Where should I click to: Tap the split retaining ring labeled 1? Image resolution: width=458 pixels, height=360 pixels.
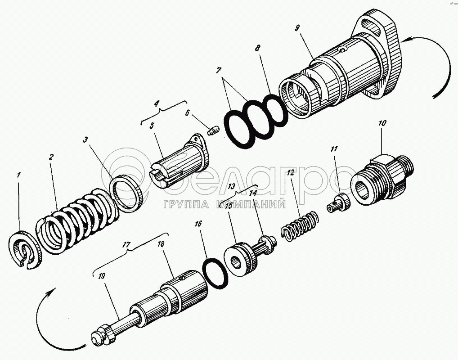[25, 250]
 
